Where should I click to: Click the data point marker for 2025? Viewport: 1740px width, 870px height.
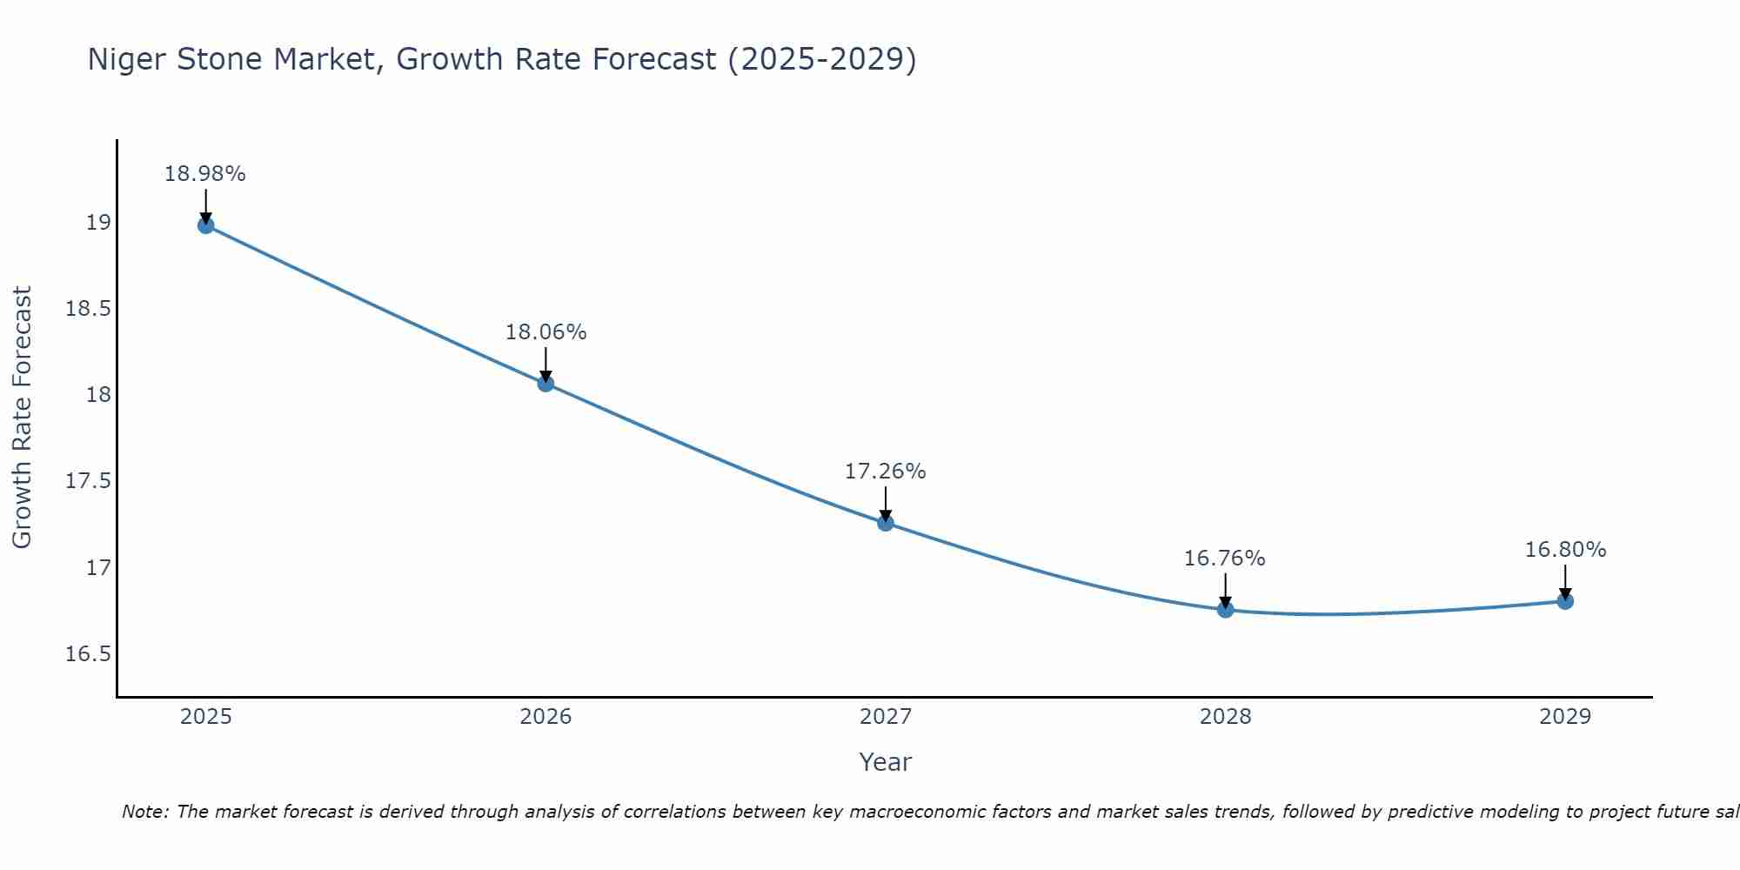[205, 225]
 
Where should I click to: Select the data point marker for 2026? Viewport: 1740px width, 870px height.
[545, 383]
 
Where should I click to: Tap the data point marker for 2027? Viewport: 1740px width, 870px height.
[886, 523]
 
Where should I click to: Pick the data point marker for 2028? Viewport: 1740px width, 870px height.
[1225, 609]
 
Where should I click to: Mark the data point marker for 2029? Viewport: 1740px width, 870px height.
[1565, 601]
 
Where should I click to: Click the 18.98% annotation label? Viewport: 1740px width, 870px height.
[205, 174]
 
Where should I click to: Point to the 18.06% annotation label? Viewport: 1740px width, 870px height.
[545, 332]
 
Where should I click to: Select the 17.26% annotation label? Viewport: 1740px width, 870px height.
[886, 472]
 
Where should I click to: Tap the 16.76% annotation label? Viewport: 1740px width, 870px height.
[1225, 559]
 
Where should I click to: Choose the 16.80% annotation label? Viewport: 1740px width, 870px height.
[1565, 550]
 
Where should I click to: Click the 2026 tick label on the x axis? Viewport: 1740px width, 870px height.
[545, 717]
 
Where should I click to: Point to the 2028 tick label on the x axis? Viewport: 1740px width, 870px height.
[1225, 717]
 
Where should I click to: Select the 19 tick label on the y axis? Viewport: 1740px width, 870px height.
[98, 223]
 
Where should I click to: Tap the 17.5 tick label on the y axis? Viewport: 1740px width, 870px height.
[89, 481]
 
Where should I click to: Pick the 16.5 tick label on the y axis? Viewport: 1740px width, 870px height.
[89, 654]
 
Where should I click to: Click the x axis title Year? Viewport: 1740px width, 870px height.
[886, 762]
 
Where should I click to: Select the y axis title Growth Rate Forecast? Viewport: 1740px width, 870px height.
[22, 418]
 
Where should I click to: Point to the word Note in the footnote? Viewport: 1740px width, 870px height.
[145, 812]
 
